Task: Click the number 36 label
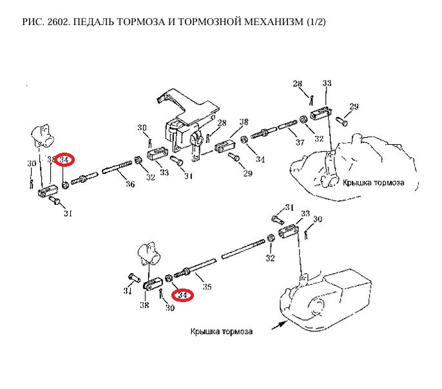tap(130, 184)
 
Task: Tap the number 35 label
tap(207, 287)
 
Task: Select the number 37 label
tap(300, 142)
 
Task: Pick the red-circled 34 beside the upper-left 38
tap(64, 160)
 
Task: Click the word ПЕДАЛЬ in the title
tap(90, 23)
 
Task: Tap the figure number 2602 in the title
tap(52, 23)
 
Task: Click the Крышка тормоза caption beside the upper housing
tap(374, 182)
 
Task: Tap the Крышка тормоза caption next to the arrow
tap(221, 332)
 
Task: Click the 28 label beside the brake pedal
tap(221, 123)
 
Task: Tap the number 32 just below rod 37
tap(318, 138)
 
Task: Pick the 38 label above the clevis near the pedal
tap(243, 122)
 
